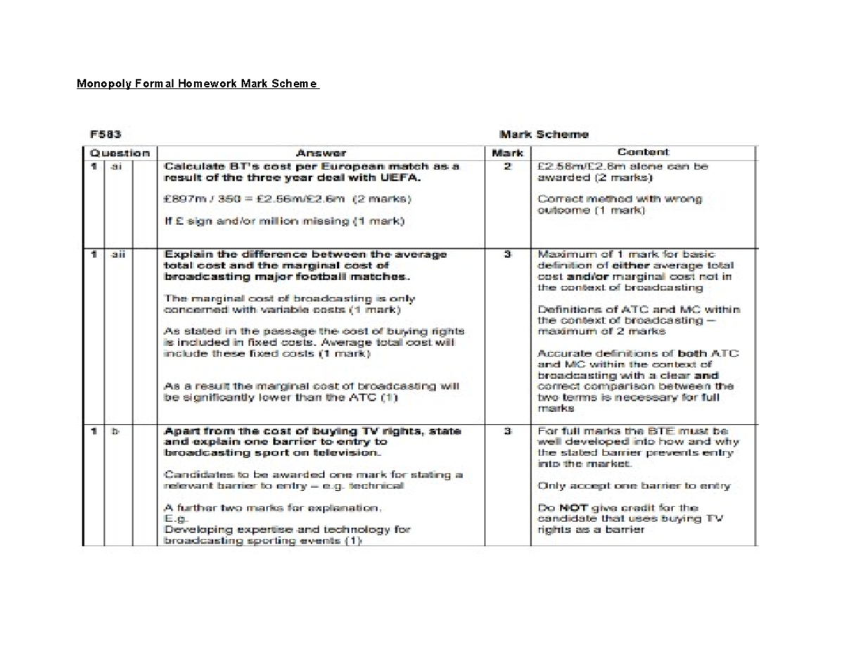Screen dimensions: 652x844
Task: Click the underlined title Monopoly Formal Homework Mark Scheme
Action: (x=198, y=85)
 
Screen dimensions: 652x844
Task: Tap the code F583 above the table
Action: (x=103, y=134)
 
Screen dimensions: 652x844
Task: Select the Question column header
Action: (x=120, y=153)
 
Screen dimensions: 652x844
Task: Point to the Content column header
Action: (x=643, y=152)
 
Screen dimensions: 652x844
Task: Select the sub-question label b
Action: (x=115, y=431)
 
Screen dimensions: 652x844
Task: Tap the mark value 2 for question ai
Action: (x=507, y=167)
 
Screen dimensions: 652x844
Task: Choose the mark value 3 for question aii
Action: (x=507, y=254)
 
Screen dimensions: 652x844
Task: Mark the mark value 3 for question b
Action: (x=507, y=431)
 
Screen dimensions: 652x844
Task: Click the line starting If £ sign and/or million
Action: (x=284, y=221)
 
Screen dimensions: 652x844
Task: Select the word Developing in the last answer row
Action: (x=189, y=530)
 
